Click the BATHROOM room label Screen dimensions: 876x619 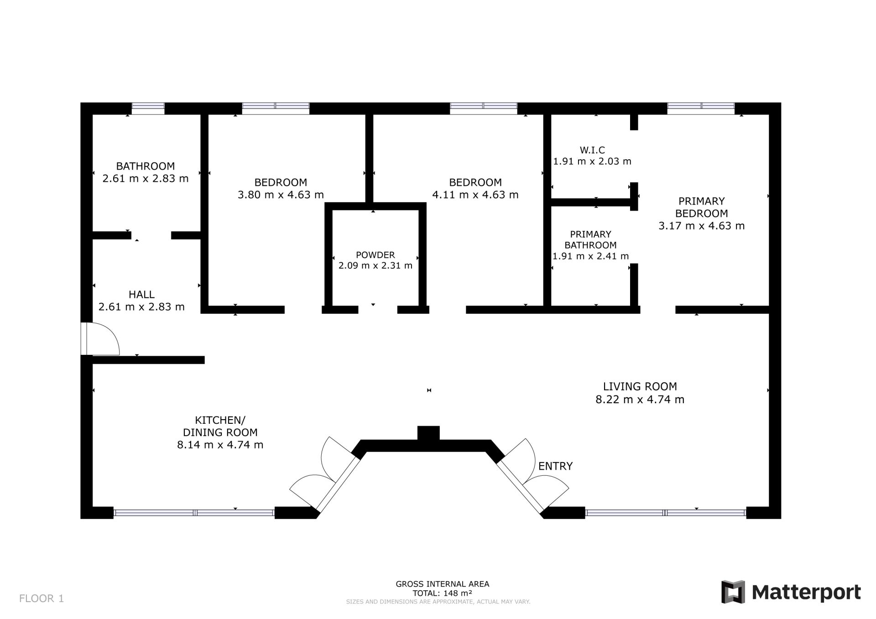tap(145, 166)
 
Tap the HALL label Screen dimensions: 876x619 tap(141, 295)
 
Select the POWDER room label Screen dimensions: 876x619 tap(375, 255)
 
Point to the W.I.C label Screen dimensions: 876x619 tap(592, 150)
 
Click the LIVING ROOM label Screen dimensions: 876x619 tap(640, 386)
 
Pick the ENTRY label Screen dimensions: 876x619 tap(555, 466)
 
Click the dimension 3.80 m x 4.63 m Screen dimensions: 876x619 tap(281, 195)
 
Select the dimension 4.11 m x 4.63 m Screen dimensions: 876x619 tap(475, 195)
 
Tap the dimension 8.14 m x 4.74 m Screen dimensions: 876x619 tap(220, 445)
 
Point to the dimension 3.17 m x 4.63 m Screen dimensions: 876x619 tap(701, 226)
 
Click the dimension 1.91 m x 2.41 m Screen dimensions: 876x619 tap(590, 256)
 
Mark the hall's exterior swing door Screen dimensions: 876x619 tap(100, 338)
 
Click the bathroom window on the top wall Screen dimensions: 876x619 tap(148, 109)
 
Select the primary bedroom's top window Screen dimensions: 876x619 tap(701, 109)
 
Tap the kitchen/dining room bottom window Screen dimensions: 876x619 tap(194, 513)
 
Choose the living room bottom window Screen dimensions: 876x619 tap(665, 513)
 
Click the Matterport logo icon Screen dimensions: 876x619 tap(733, 592)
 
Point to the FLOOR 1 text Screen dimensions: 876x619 tap(42, 598)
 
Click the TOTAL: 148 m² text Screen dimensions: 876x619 tap(442, 593)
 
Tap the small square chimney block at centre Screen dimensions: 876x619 tap(428, 433)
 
